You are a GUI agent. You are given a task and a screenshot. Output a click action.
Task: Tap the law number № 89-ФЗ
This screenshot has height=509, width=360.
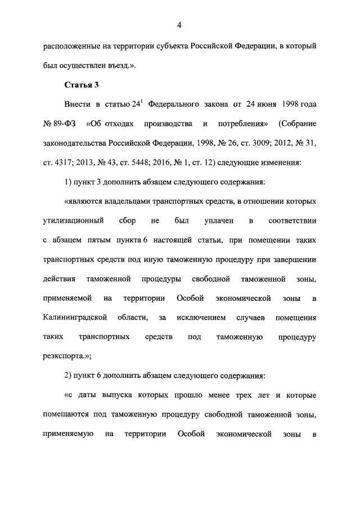pos(59,123)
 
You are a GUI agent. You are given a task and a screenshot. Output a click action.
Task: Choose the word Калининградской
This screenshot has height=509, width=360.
pos(75,318)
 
